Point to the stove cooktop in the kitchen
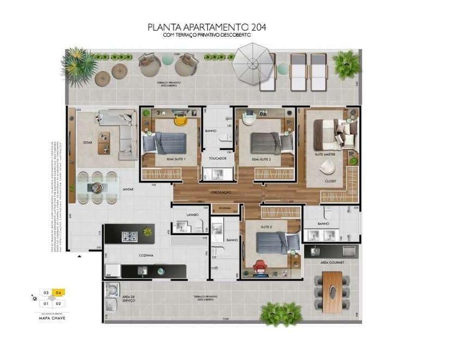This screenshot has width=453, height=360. [x=129, y=236]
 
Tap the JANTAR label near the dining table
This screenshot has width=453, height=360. [x=127, y=189]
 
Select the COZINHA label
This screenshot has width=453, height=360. [x=145, y=255]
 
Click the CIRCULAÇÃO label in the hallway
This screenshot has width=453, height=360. [x=222, y=192]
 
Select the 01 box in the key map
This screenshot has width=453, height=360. [x=46, y=303]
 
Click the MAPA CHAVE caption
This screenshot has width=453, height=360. [x=52, y=317]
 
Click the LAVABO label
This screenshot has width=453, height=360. [x=192, y=215]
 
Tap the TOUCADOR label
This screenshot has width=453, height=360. [x=217, y=159]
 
